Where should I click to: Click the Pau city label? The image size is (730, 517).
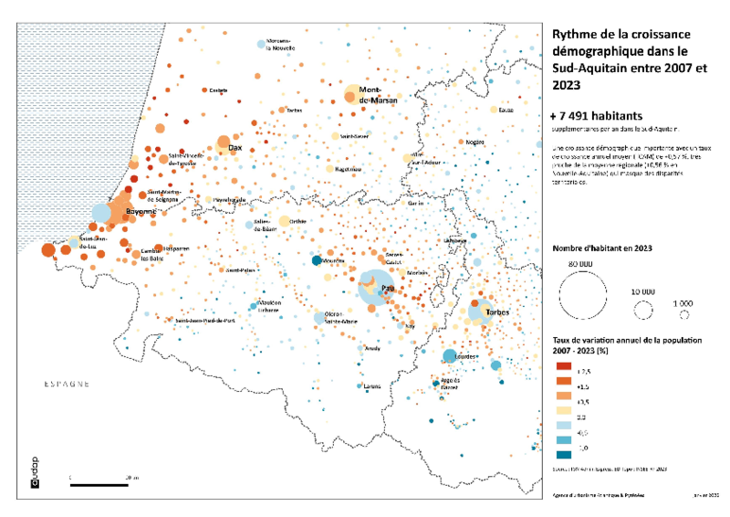387,289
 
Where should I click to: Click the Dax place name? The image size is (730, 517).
235,147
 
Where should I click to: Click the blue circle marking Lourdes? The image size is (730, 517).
449,356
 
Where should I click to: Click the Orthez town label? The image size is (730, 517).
297,221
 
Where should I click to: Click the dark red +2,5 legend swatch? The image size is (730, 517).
563,365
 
